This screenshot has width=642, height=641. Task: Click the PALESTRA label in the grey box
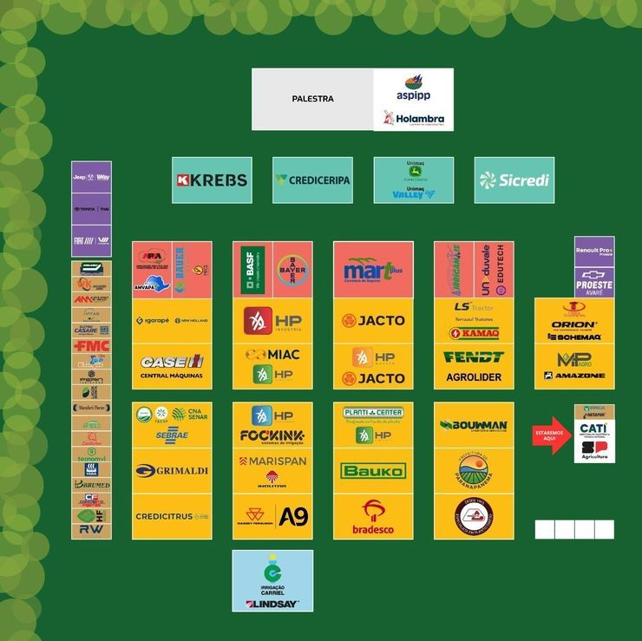point(312,99)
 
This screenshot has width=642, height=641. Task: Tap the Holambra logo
point(414,118)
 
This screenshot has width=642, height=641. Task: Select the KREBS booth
point(212,180)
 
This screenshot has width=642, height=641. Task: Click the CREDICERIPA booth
point(312,180)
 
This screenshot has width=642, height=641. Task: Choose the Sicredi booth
point(514,180)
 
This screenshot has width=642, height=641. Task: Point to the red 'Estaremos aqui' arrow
point(552,434)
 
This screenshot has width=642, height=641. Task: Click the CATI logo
point(594,428)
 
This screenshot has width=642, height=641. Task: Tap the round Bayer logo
point(292,269)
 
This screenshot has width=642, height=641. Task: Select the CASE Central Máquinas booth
point(172,366)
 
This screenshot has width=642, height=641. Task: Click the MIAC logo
point(272,355)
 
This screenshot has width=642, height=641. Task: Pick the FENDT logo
point(474,356)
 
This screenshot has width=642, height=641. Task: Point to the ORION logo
point(573,325)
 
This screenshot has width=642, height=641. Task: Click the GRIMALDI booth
point(172,471)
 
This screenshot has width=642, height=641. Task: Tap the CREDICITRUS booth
point(172,516)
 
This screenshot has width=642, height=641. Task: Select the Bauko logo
point(373,471)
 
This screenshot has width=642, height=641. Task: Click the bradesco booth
point(373,517)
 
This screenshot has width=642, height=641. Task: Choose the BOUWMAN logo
point(474,425)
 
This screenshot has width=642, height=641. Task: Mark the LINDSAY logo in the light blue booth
point(272,604)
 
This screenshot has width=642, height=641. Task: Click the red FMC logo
point(91,345)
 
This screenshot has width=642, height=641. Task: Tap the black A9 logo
point(293,516)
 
